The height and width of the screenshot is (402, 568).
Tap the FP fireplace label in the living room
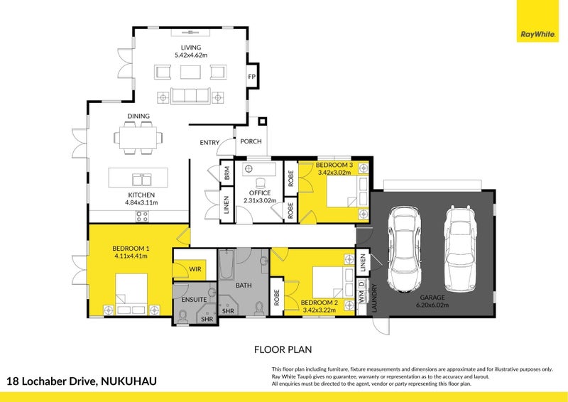point(251,77)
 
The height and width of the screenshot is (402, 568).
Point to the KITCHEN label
point(141,195)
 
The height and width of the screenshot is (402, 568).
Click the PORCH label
point(251,141)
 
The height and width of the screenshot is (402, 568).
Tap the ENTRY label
point(209,143)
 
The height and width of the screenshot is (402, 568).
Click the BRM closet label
point(226,173)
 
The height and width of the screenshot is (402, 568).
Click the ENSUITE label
point(194,300)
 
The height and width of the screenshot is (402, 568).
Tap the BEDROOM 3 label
point(334,165)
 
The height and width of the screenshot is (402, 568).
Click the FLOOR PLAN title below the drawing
point(283,349)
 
